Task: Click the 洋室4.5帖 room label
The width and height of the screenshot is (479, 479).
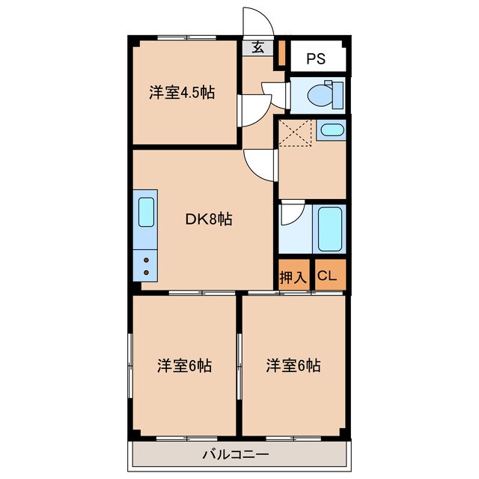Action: tap(182, 93)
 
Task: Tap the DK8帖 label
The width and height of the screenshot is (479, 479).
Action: tap(209, 219)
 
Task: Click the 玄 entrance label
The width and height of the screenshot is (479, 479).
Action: tap(257, 48)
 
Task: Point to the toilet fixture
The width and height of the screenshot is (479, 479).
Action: tap(323, 94)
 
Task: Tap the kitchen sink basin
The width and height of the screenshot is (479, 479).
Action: tap(146, 213)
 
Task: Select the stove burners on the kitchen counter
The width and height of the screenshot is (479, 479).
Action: tap(146, 264)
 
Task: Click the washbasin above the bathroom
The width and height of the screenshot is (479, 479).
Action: tap(330, 132)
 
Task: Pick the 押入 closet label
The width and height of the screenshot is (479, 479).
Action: tap(293, 276)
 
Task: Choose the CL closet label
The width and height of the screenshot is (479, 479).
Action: tap(328, 276)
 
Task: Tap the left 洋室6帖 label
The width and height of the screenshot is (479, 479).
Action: tap(184, 366)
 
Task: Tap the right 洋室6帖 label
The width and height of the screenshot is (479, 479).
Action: tap(293, 366)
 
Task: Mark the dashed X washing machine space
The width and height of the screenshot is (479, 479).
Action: tap(294, 135)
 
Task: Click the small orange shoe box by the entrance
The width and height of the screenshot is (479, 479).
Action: tap(282, 53)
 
